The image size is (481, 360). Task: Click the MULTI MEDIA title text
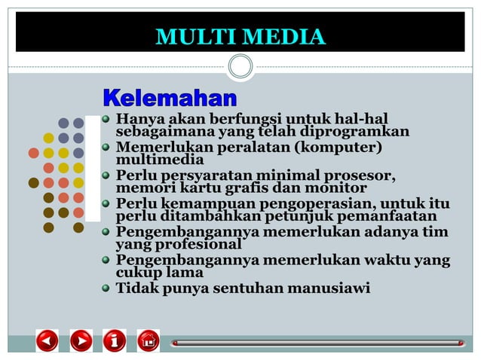click(x=240, y=36)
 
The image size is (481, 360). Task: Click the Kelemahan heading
click(x=170, y=98)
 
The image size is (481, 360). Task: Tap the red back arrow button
click(x=47, y=341)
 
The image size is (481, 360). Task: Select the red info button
click(x=115, y=341)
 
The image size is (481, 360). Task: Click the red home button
click(x=149, y=341)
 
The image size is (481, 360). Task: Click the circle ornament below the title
click(x=240, y=66)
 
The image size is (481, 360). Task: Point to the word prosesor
click(x=363, y=175)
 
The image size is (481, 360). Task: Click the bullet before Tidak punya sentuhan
click(x=107, y=288)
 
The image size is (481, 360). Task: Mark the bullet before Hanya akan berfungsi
click(x=107, y=119)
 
